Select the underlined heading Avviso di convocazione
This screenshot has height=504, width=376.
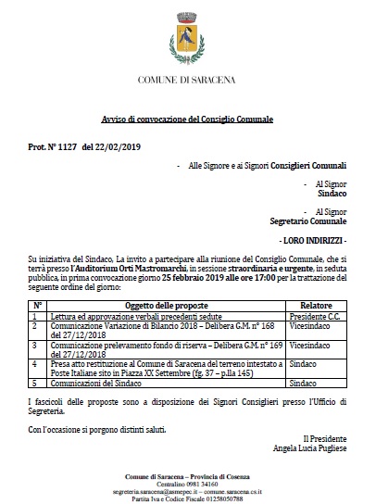click(x=188, y=121)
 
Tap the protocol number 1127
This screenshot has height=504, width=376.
click(x=69, y=147)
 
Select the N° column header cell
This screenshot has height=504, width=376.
click(x=38, y=304)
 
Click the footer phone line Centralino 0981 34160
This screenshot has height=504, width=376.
click(x=187, y=483)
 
